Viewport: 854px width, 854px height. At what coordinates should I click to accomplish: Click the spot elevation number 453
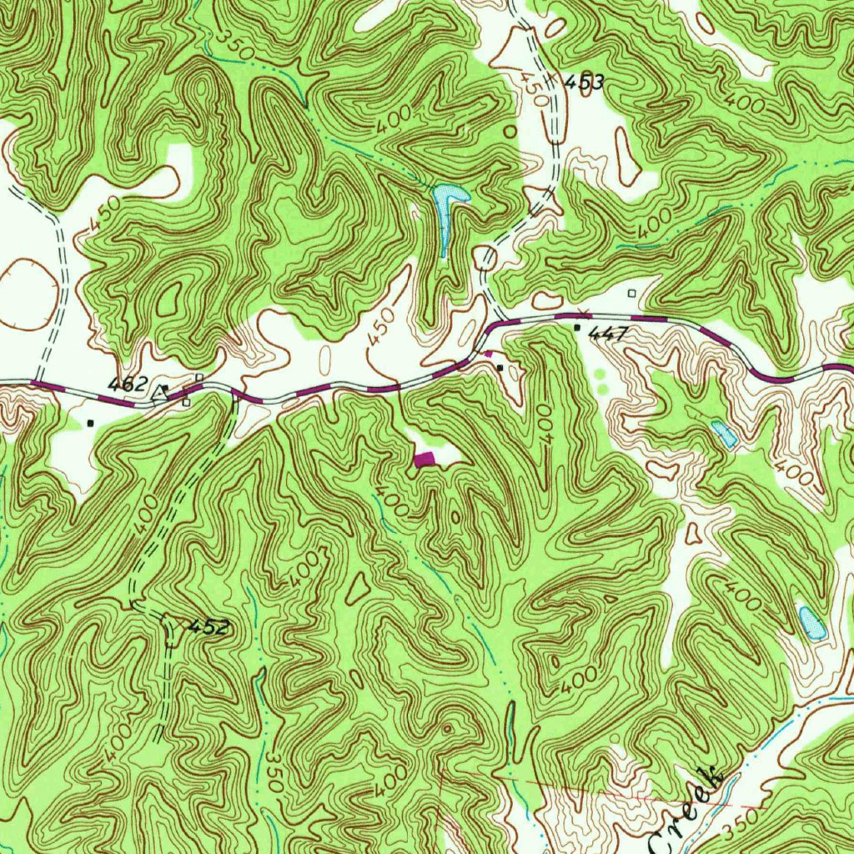[x=584, y=83]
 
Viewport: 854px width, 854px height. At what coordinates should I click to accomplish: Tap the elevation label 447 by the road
[x=607, y=334]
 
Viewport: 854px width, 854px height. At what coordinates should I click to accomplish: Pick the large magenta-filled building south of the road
[x=424, y=459]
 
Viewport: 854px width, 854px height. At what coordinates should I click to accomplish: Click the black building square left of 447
[x=577, y=329]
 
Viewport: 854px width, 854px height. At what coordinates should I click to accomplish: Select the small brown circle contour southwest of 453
[x=510, y=131]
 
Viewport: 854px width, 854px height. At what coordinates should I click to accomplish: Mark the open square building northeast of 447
[x=631, y=293]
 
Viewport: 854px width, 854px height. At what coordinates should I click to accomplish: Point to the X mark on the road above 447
[x=584, y=312]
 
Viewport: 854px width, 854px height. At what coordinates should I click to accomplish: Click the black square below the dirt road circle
[x=500, y=367]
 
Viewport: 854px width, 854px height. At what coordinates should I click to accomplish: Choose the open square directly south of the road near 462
[x=186, y=403]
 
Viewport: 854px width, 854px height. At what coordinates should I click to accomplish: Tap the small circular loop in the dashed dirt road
[x=485, y=259]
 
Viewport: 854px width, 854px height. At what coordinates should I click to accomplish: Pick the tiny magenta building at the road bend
[x=489, y=354]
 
